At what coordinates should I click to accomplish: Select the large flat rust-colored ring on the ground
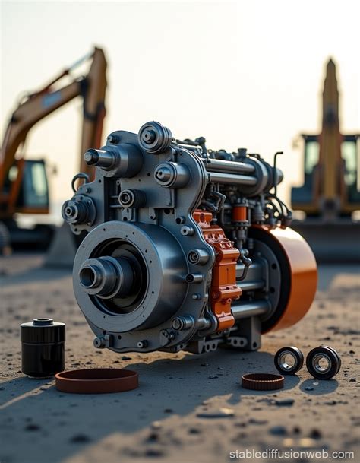point(96,380)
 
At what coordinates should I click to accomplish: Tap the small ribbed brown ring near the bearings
point(262,381)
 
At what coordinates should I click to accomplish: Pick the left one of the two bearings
point(289,360)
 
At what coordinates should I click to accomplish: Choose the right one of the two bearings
point(324,363)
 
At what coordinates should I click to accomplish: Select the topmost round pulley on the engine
point(154,137)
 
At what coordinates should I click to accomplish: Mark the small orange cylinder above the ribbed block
point(240,214)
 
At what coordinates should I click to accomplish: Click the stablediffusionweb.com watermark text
point(292,454)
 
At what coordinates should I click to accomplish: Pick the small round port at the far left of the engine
point(73,211)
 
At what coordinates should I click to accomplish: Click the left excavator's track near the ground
point(23,236)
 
